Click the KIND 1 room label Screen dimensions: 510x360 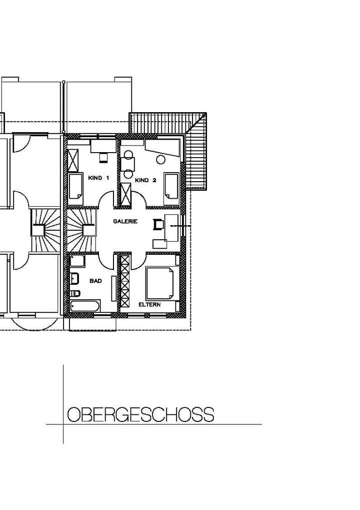[x=98, y=178]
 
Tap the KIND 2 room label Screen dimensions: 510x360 [x=146, y=180]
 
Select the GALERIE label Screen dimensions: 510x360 [x=125, y=221]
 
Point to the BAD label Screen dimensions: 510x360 [x=95, y=281]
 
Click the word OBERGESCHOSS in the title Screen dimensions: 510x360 [x=140, y=415]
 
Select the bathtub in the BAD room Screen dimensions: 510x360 [x=85, y=306]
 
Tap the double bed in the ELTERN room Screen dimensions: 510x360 [x=160, y=283]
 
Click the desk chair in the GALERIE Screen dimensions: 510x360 [x=158, y=224]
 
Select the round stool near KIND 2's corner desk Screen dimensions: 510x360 [x=161, y=160]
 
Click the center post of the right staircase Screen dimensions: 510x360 [x=88, y=230]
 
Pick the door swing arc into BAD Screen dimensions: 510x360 [x=107, y=260]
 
